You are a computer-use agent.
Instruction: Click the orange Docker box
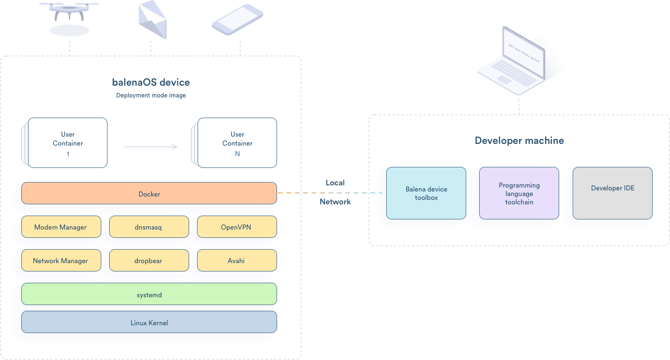(x=149, y=194)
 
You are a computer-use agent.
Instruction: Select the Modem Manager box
(x=61, y=227)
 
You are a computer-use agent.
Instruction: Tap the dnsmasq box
(x=149, y=227)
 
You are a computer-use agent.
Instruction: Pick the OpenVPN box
(x=237, y=227)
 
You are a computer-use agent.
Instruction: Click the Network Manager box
(x=61, y=260)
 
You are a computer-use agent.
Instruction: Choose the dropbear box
(x=149, y=260)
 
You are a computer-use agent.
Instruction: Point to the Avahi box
(x=237, y=260)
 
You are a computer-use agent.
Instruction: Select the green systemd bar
(x=149, y=294)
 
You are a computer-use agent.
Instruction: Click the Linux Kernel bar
(x=149, y=322)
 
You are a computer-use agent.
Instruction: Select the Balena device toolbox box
(x=426, y=193)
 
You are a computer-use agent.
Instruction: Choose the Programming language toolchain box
(x=519, y=193)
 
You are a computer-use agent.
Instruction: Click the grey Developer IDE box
(x=612, y=193)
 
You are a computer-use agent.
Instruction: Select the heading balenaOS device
(x=151, y=82)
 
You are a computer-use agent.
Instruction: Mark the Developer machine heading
(x=519, y=141)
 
